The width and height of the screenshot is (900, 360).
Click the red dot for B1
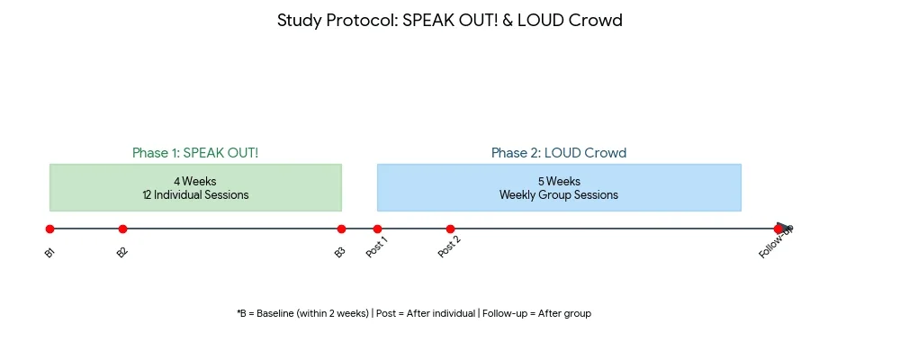(x=50, y=229)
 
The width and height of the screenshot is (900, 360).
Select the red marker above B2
(x=122, y=229)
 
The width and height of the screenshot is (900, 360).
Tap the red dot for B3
(x=341, y=229)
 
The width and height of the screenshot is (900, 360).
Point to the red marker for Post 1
(x=377, y=229)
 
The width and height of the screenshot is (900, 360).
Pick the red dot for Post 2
(x=450, y=229)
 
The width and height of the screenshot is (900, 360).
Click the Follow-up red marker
(x=778, y=229)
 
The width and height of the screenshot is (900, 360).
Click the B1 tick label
(x=49, y=253)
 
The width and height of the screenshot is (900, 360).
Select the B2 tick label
(x=122, y=253)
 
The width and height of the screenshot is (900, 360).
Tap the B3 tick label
(x=339, y=253)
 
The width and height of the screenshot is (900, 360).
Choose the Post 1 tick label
(x=377, y=247)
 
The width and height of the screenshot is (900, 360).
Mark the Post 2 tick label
(x=449, y=247)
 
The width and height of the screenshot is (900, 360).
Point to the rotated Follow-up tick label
(x=775, y=242)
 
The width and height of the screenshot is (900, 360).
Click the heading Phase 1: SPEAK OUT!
(x=195, y=153)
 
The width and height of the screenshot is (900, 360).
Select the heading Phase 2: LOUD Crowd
(x=559, y=153)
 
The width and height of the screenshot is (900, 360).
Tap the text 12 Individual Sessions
(x=195, y=194)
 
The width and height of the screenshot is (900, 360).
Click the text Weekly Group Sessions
(x=559, y=194)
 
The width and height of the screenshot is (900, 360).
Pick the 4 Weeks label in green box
(x=195, y=181)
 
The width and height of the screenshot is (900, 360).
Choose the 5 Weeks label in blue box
(x=559, y=181)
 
